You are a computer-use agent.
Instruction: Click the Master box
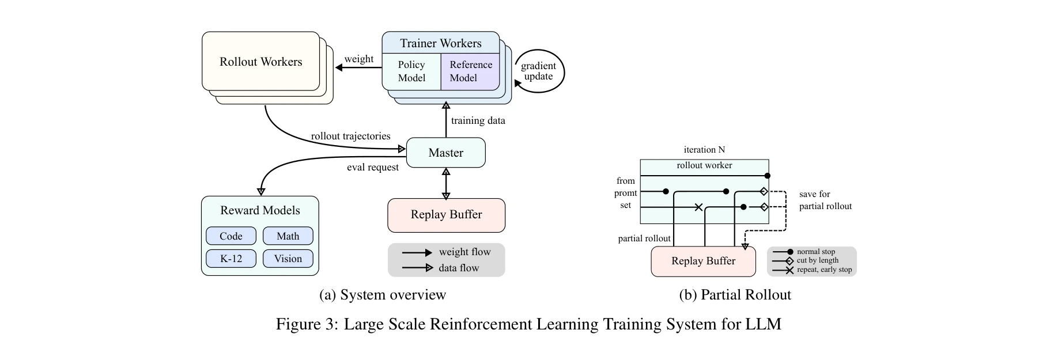coord(445,153)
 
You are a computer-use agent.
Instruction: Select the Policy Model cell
coord(411,71)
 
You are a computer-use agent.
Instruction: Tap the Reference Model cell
coord(470,71)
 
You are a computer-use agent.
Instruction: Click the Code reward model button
coord(231,236)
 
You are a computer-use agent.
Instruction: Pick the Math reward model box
coord(288,236)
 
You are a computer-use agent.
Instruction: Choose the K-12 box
coord(231,259)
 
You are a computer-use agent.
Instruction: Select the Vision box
coord(288,259)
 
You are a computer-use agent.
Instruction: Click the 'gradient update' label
coord(538,71)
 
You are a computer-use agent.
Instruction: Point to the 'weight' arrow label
coord(358,59)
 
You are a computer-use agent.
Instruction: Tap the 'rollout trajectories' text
coord(350,136)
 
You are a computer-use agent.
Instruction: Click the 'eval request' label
coord(372,167)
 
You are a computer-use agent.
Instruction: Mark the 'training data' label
coord(478,120)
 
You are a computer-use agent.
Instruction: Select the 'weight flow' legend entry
coord(464,252)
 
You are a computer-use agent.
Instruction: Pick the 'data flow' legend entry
coord(458,268)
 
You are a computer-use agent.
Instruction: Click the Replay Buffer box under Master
coord(446,215)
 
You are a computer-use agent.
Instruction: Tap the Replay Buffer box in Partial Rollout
coord(703,261)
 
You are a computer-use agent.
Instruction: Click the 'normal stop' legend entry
coord(815,252)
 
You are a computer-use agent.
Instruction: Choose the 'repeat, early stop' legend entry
coord(823,270)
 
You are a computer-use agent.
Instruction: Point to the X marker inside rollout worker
coord(698,207)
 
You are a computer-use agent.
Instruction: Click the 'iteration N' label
coord(704,150)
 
